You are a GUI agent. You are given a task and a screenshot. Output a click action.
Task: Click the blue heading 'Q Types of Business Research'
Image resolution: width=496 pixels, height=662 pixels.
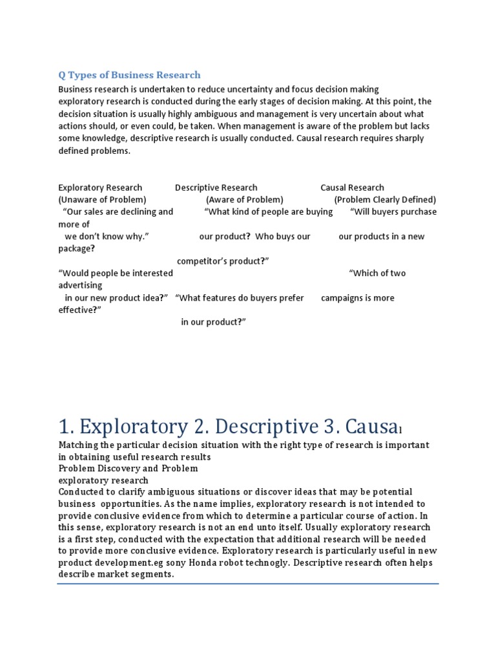click(x=129, y=75)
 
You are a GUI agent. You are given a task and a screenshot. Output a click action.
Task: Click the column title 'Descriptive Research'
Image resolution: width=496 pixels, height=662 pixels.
click(x=216, y=187)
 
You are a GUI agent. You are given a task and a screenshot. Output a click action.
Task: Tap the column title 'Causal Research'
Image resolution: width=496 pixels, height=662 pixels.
click(x=352, y=187)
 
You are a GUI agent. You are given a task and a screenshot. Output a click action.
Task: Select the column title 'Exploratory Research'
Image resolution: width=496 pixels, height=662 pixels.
click(x=100, y=187)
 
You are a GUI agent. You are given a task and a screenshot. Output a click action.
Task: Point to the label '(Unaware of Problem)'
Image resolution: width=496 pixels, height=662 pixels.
click(x=102, y=200)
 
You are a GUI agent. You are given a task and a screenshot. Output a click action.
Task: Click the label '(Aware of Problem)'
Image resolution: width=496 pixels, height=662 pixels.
click(x=245, y=200)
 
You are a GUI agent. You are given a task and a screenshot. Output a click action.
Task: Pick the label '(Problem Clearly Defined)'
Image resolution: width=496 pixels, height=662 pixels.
click(x=385, y=200)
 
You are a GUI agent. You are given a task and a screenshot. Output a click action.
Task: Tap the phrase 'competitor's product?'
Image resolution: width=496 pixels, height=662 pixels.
click(x=223, y=261)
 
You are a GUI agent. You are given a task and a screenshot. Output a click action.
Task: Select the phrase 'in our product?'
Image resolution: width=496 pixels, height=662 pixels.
click(x=214, y=323)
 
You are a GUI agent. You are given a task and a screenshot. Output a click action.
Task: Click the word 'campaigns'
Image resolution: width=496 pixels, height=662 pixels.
click(x=344, y=298)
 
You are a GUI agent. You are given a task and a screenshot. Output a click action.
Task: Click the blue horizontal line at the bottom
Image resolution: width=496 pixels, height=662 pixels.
click(x=247, y=584)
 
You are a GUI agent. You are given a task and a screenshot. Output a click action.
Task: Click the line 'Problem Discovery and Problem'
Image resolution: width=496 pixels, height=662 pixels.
click(x=128, y=469)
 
